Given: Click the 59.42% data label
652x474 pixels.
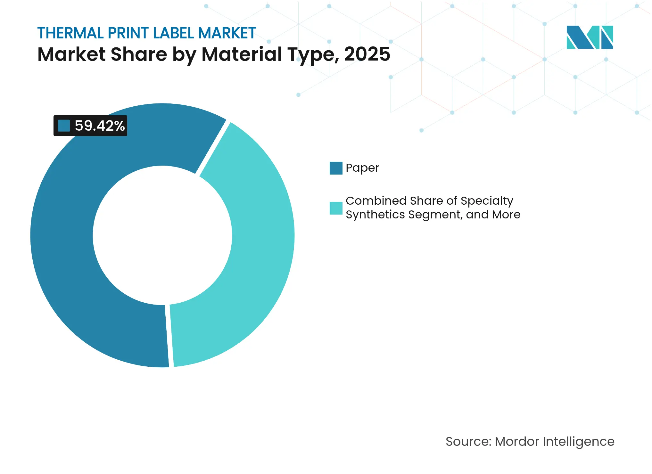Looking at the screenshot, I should coord(99,126).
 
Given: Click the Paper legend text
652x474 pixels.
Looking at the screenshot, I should coord(362,168).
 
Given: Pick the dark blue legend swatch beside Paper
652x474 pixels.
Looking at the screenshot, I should coord(336,168).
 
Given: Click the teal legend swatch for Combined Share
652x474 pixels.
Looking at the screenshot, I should coord(336,208).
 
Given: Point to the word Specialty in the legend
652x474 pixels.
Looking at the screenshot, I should coord(487,201).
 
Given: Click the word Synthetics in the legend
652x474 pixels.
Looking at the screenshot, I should coord(375,215).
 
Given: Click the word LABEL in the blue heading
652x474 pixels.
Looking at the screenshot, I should coord(173,33).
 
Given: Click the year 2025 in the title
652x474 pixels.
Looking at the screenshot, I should coord(367,54).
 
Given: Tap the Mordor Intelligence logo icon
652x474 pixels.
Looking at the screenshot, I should coord(590,37).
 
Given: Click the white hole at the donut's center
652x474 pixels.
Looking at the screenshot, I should coord(162,235).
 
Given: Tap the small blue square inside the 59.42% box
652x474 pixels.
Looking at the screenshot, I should coord(64,126).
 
